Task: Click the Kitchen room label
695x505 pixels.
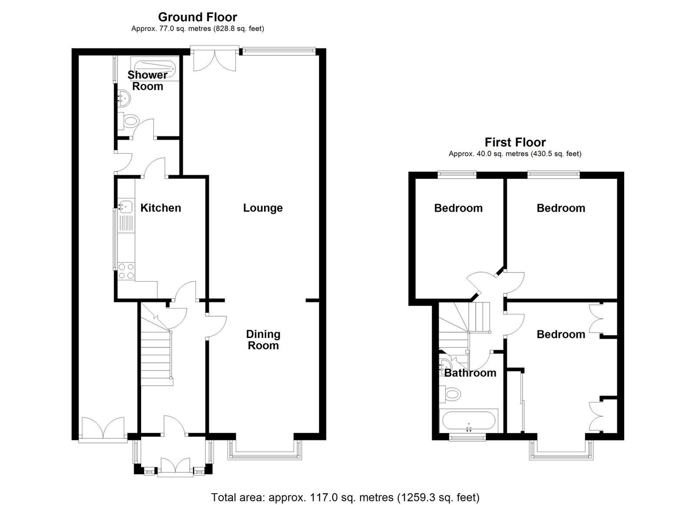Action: click(161, 208)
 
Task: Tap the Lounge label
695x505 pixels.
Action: click(263, 208)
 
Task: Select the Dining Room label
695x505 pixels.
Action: click(263, 340)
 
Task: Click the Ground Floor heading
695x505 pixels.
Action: click(198, 17)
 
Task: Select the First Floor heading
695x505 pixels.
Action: click(515, 142)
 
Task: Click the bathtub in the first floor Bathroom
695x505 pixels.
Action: click(469, 421)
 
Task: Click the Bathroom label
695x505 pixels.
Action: click(470, 373)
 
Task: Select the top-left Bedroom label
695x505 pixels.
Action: click(458, 208)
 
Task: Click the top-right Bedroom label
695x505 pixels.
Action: click(561, 208)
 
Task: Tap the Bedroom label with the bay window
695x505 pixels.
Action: click(561, 334)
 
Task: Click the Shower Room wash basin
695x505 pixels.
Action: click(124, 97)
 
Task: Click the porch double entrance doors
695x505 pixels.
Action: click(175, 466)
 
